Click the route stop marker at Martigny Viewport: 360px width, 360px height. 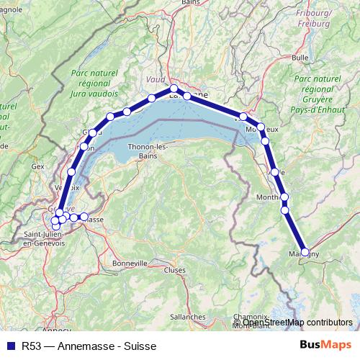(x=305, y=252)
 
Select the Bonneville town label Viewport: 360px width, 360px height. (x=130, y=263)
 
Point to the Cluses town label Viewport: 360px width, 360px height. (x=174, y=270)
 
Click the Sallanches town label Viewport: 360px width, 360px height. (x=188, y=316)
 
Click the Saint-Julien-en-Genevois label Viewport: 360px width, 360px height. (x=45, y=239)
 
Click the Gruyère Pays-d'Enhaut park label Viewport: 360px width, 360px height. (x=318, y=92)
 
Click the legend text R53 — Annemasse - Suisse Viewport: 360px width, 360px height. (x=89, y=346)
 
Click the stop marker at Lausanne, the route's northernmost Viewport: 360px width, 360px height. (x=174, y=89)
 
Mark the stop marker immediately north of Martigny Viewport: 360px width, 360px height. (x=284, y=210)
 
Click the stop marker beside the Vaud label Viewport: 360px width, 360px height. (x=152, y=99)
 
